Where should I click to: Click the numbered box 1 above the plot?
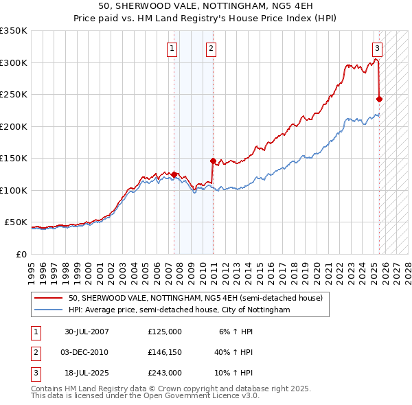pyautogui.click(x=171, y=48)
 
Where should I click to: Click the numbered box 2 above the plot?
pyautogui.click(x=210, y=48)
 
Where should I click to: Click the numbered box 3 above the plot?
pyautogui.click(x=378, y=48)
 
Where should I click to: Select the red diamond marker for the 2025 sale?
pyautogui.click(x=379, y=99)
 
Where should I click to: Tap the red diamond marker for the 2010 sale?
pyautogui.click(x=213, y=161)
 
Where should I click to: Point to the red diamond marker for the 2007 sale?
pyautogui.click(x=174, y=174)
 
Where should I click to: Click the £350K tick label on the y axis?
pyautogui.click(x=14, y=31)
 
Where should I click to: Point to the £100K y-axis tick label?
pyautogui.click(x=14, y=190)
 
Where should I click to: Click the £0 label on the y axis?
pyautogui.click(x=21, y=254)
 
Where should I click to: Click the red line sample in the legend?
pyautogui.click(x=48, y=298)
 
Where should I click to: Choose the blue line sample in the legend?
pyautogui.click(x=48, y=310)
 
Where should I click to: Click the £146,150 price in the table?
pyautogui.click(x=164, y=352)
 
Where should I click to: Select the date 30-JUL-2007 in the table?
pyautogui.click(x=87, y=331)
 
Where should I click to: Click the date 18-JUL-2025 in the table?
pyautogui.click(x=87, y=373)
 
